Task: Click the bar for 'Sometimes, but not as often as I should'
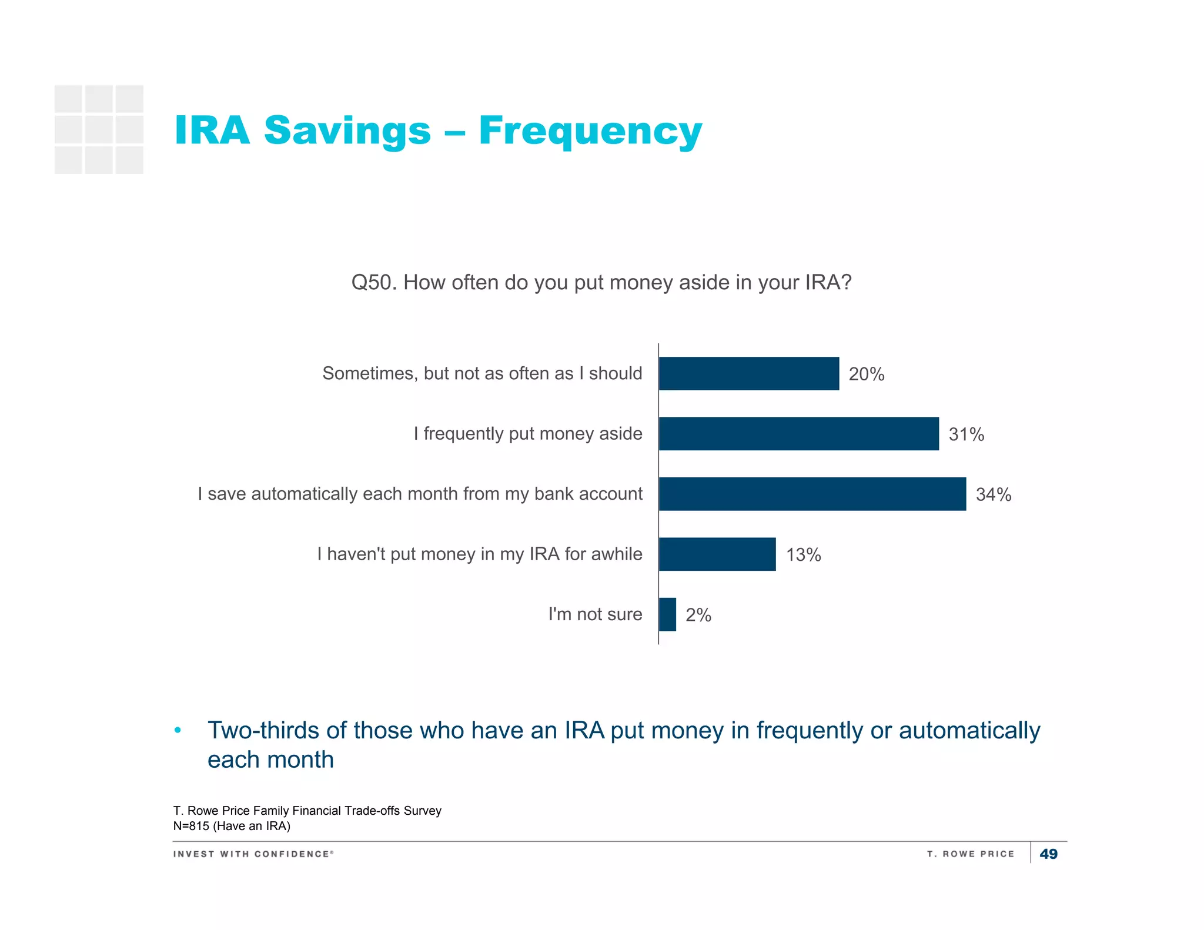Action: pos(749,373)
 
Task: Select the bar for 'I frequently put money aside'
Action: pos(799,434)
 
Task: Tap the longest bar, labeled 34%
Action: pos(812,494)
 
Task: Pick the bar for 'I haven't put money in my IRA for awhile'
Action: pos(717,554)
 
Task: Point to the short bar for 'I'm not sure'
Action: pos(667,614)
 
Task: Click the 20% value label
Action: pos(867,374)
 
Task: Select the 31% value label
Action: pos(966,434)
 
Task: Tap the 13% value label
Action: pos(804,554)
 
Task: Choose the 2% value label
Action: pos(698,615)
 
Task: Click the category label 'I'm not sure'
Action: pos(595,614)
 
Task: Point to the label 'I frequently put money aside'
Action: pos(527,434)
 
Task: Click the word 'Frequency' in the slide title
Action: pos(590,131)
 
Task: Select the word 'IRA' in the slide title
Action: pos(212,130)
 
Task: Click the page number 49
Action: pos(1048,854)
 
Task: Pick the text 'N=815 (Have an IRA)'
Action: pos(232,826)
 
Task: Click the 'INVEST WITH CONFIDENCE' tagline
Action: pos(253,854)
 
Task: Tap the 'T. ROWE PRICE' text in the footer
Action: pos(971,854)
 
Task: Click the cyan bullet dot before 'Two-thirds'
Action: pos(178,731)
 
